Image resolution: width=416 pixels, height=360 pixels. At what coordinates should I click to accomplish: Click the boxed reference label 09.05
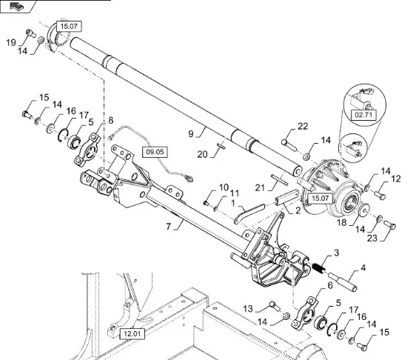pyautogui.click(x=155, y=152)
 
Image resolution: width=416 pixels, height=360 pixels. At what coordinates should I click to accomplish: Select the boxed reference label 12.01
pyautogui.click(x=132, y=334)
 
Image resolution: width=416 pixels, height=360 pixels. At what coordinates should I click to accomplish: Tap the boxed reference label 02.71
pyautogui.click(x=363, y=115)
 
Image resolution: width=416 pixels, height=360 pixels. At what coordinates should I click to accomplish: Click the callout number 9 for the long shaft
pyautogui.click(x=191, y=133)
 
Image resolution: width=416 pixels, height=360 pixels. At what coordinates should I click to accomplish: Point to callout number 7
pyautogui.click(x=169, y=227)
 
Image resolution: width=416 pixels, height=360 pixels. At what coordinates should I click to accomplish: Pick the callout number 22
pyautogui.click(x=303, y=126)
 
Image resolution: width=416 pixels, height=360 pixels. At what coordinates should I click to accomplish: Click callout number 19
pyautogui.click(x=11, y=42)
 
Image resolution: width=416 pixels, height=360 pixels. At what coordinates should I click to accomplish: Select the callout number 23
pyautogui.click(x=372, y=238)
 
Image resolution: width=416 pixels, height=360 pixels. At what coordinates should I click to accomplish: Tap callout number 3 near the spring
pyautogui.click(x=336, y=253)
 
